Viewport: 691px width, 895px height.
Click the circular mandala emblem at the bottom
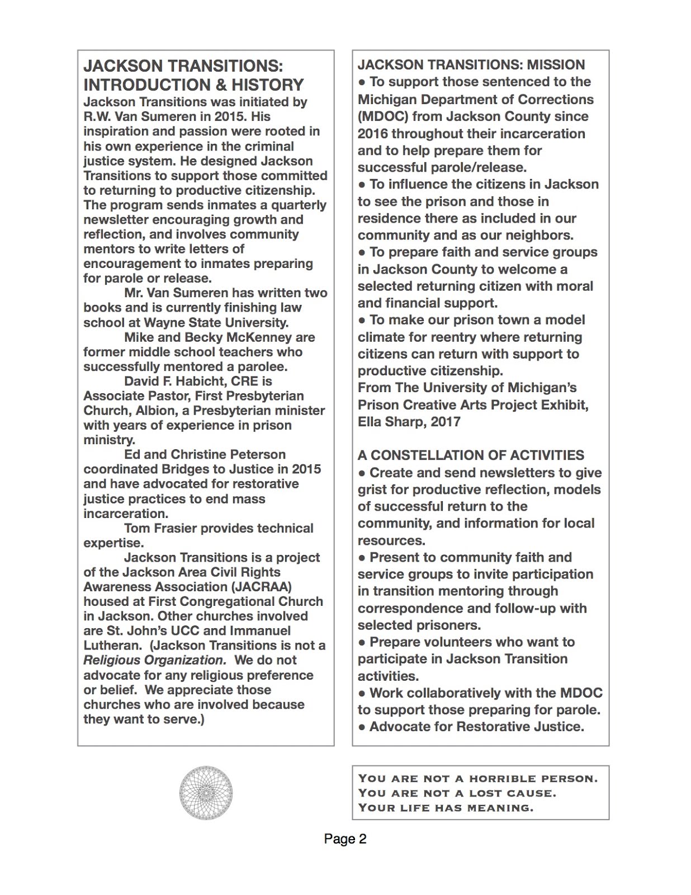click(x=206, y=793)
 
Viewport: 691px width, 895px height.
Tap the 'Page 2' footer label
click(x=345, y=839)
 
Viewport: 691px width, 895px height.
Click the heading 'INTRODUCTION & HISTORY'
click(x=193, y=85)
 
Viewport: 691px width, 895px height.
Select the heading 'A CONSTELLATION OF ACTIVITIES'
click(x=471, y=455)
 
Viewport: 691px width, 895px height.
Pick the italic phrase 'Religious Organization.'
click(x=154, y=660)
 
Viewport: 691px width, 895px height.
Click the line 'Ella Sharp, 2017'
click(x=409, y=421)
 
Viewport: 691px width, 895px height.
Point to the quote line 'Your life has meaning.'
click(x=446, y=808)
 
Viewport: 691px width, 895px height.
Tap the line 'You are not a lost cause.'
click(x=457, y=793)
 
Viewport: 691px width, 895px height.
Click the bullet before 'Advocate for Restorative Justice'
click(x=362, y=727)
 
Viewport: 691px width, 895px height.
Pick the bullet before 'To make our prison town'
click(x=362, y=321)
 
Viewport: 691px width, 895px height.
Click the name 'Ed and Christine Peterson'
click(x=205, y=455)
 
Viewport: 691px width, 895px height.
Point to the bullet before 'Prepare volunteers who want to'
click(x=362, y=642)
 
